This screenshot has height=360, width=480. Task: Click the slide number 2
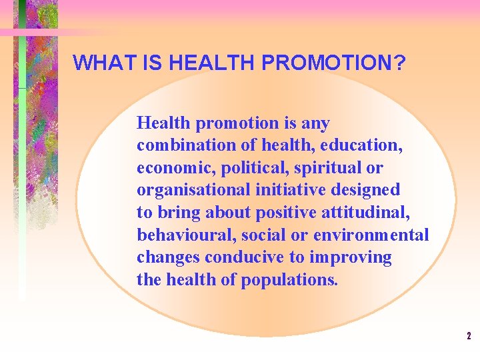coord(469,336)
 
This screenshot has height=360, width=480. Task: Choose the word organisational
coord(193,190)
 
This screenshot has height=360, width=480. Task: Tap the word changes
coord(168,257)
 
